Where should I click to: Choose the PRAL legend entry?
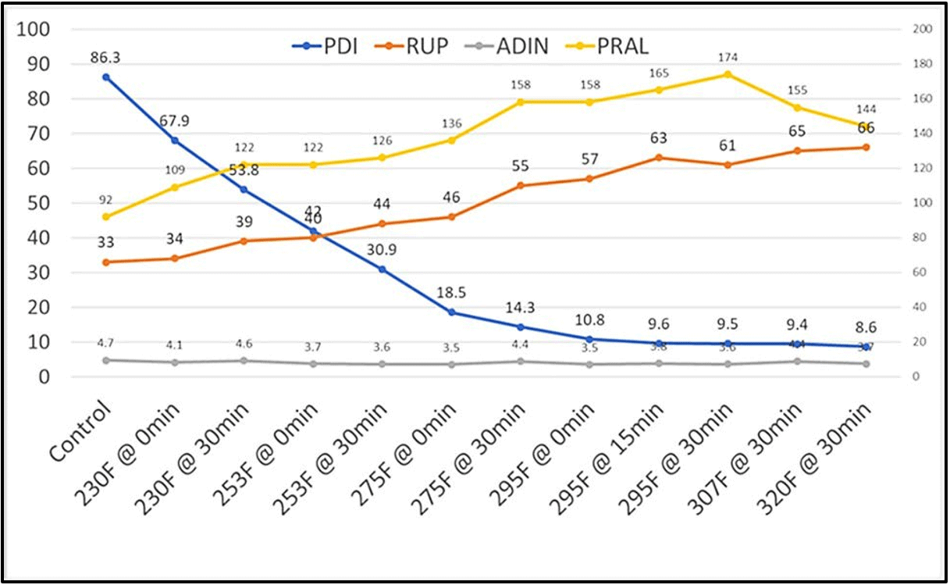612,46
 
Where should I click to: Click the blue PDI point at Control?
105,77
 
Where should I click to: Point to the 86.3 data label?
105,56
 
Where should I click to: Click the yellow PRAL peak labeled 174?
728,74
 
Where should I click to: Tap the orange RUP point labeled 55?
521,186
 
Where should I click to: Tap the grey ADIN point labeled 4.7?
105,360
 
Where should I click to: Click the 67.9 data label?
174,120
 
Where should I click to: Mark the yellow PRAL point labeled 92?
105,216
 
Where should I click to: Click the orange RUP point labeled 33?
105,262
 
